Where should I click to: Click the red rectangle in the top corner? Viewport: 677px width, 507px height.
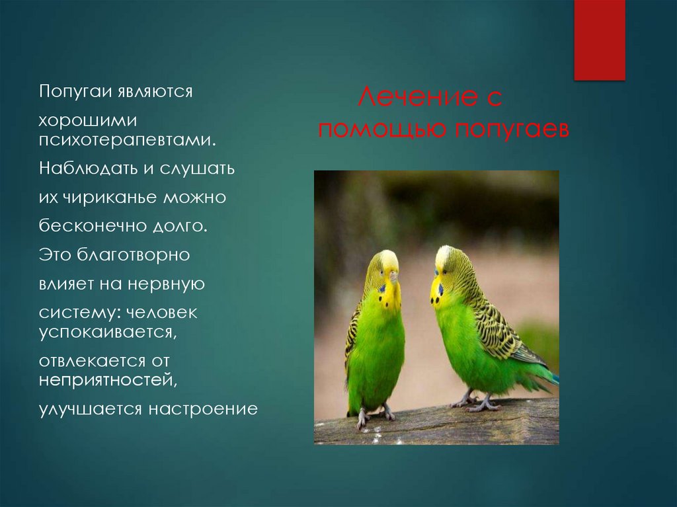click(x=599, y=40)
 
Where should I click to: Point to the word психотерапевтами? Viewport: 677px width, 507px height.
click(x=127, y=140)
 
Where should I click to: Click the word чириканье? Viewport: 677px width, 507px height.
click(x=110, y=197)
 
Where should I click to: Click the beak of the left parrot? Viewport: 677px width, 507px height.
click(x=394, y=277)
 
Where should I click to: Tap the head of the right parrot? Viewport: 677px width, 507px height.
click(x=450, y=268)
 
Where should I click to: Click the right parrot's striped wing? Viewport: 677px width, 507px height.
click(x=500, y=327)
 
